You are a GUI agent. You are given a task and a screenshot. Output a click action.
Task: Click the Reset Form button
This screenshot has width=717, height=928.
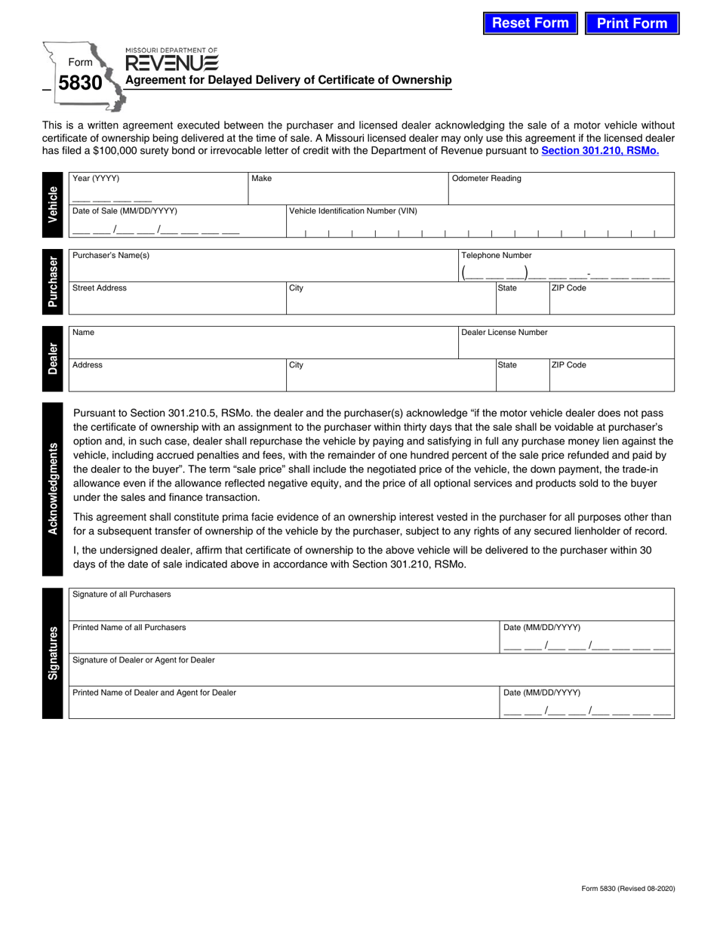[531, 23]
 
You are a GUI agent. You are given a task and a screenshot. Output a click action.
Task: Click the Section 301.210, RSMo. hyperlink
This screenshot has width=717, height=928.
[600, 151]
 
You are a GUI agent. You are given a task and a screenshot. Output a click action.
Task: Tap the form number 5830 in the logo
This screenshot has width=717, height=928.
[80, 83]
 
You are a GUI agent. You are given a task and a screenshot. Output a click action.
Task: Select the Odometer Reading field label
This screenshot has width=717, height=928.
[486, 179]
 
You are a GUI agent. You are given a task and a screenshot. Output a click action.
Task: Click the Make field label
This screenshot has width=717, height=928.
[262, 179]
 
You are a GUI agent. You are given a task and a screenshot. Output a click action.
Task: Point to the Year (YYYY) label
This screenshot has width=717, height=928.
[96, 179]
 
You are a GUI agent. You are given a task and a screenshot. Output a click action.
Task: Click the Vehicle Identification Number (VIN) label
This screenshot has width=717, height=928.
[352, 211]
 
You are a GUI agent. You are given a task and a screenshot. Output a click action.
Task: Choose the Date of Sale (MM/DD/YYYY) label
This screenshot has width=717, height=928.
[125, 211]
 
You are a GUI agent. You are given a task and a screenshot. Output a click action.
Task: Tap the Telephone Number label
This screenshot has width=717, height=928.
[496, 256]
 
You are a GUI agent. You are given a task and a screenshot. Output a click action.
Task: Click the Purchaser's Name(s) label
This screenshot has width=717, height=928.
[111, 256]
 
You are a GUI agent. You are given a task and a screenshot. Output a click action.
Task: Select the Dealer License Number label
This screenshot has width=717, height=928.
[504, 332]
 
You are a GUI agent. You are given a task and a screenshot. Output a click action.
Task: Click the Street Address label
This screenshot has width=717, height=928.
[100, 288]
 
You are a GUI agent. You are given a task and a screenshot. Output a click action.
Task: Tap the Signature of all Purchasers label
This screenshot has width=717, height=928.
[122, 595]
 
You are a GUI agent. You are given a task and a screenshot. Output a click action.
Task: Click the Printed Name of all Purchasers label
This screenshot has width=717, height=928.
[129, 628]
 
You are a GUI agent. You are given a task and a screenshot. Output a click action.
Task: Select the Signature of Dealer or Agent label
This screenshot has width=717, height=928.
[143, 660]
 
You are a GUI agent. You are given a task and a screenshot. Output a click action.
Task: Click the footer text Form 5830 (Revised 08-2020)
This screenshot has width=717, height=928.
[628, 889]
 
